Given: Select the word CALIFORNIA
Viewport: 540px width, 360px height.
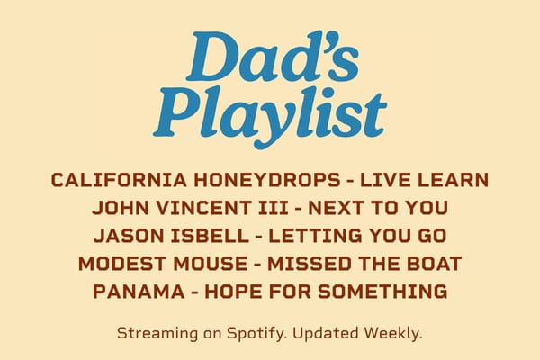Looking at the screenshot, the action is pos(119,180).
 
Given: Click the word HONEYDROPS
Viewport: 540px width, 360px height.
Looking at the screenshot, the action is pos(267,180).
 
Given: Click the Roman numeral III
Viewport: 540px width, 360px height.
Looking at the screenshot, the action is pos(273,208).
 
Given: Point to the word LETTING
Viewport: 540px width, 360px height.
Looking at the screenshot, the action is pos(315,236).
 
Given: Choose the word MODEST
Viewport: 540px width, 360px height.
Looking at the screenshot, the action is pos(122,264).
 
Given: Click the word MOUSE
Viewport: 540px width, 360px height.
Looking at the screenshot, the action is pos(211,264).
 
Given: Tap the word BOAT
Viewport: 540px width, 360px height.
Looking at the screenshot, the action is pos(434,264).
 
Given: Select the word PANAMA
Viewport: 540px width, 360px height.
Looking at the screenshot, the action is pos(139,292).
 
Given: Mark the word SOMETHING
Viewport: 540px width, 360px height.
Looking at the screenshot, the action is pos(382,292).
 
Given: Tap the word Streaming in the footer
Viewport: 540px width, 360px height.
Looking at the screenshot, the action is pos(157,334).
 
